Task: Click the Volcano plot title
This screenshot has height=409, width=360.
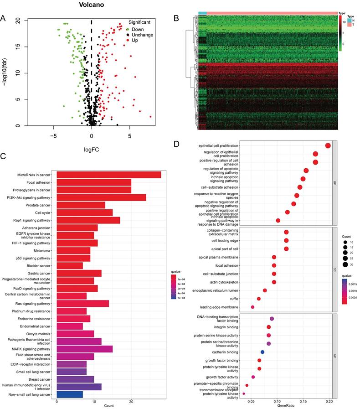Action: [x=92, y=5]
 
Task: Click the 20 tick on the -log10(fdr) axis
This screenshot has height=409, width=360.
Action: [x=17, y=21]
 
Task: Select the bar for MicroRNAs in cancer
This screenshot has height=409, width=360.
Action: [x=108, y=175]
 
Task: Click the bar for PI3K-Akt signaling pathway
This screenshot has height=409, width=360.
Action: [x=101, y=197]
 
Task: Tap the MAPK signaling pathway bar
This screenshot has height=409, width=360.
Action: [x=84, y=349]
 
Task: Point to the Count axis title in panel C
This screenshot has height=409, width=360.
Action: [x=108, y=406]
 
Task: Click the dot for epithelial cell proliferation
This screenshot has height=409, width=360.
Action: [x=328, y=145]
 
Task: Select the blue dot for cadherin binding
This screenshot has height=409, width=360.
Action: [x=262, y=352]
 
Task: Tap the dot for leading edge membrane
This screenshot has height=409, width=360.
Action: [x=252, y=307]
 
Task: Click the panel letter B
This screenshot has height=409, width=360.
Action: [x=176, y=18]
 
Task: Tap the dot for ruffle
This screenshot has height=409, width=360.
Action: [x=259, y=299]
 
